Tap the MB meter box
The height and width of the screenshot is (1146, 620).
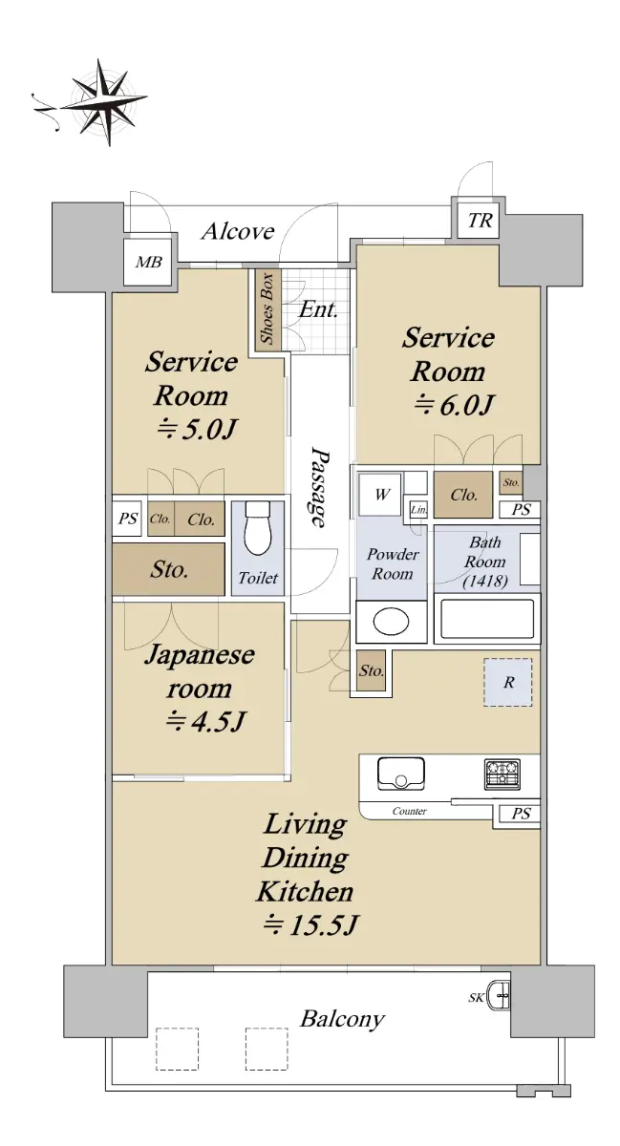click(148, 263)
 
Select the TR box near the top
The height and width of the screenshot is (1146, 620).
click(480, 221)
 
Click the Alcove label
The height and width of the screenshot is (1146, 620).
click(238, 232)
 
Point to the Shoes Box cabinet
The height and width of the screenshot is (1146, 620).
click(267, 308)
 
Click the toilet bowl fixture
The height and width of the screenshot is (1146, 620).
click(258, 527)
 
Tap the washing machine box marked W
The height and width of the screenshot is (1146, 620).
click(380, 495)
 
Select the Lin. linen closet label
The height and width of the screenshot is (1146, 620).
click(418, 510)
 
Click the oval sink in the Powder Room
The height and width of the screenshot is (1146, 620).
click(391, 622)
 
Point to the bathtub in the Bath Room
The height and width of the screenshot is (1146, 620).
click(487, 619)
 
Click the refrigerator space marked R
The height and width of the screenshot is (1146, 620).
click(508, 683)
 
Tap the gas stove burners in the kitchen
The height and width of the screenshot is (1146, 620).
click(502, 775)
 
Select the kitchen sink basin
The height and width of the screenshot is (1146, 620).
click(401, 773)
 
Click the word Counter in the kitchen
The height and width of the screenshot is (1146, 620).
click(410, 811)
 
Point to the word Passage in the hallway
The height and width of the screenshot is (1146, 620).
click(319, 487)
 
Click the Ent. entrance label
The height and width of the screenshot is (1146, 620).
click(318, 309)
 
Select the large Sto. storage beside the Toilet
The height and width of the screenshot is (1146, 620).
click(168, 569)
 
